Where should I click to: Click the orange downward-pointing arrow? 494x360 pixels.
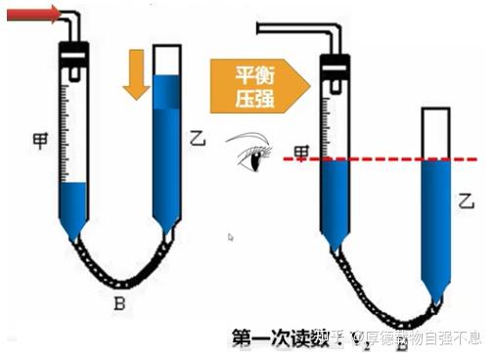136,84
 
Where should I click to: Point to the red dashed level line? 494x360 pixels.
391,158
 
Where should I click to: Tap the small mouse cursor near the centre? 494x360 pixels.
231,237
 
